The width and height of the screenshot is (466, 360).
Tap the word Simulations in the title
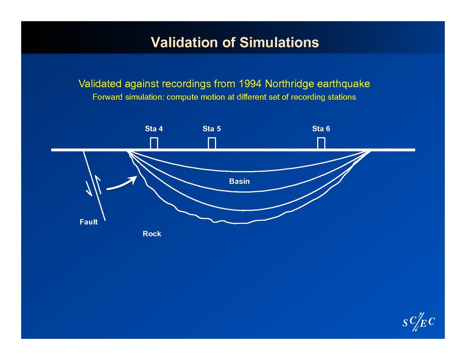tap(279, 42)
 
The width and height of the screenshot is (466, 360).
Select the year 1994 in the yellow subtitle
tap(250, 84)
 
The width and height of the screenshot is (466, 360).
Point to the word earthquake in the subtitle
tap(343, 84)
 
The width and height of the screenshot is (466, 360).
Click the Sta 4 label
tap(154, 129)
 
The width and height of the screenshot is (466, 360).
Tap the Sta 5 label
tap(212, 129)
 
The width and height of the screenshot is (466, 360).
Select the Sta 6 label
tap(321, 129)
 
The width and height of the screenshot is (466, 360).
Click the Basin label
tap(239, 181)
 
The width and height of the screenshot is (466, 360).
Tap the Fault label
tap(88, 222)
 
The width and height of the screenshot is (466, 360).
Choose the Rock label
tap(152, 234)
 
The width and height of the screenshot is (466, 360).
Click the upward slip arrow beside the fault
tap(98, 185)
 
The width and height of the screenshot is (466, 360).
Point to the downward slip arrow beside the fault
tap(89, 189)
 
